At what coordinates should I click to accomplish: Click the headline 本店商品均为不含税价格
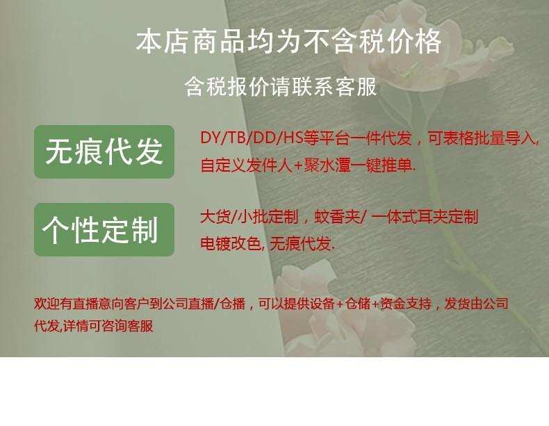click(288, 42)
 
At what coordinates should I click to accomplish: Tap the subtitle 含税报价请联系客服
click(281, 86)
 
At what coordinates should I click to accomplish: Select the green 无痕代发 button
click(104, 151)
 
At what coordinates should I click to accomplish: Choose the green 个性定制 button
click(104, 229)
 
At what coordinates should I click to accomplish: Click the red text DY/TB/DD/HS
click(252, 138)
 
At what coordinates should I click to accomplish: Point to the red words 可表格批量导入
click(482, 138)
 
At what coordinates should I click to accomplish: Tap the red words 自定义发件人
click(246, 165)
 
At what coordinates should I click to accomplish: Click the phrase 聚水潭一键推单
click(358, 165)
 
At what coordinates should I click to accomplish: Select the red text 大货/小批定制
click(249, 217)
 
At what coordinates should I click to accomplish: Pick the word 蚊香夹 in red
click(337, 217)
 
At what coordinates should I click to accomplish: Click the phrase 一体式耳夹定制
click(425, 217)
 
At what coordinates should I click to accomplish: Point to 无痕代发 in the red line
click(300, 244)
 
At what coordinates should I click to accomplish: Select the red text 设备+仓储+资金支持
click(370, 304)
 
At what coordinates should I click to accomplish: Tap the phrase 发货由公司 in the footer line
click(476, 304)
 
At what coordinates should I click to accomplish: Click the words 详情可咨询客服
click(108, 326)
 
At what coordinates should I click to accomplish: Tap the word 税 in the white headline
click(373, 42)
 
